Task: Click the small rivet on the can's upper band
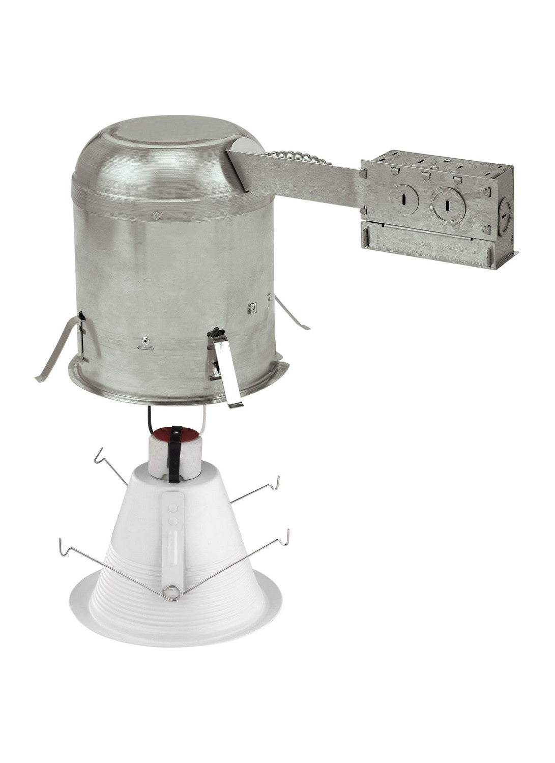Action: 156,216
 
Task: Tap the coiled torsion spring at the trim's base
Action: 172,592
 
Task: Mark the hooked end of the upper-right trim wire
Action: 276,481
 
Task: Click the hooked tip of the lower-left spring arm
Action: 63,545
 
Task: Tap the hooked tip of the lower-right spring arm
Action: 287,535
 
